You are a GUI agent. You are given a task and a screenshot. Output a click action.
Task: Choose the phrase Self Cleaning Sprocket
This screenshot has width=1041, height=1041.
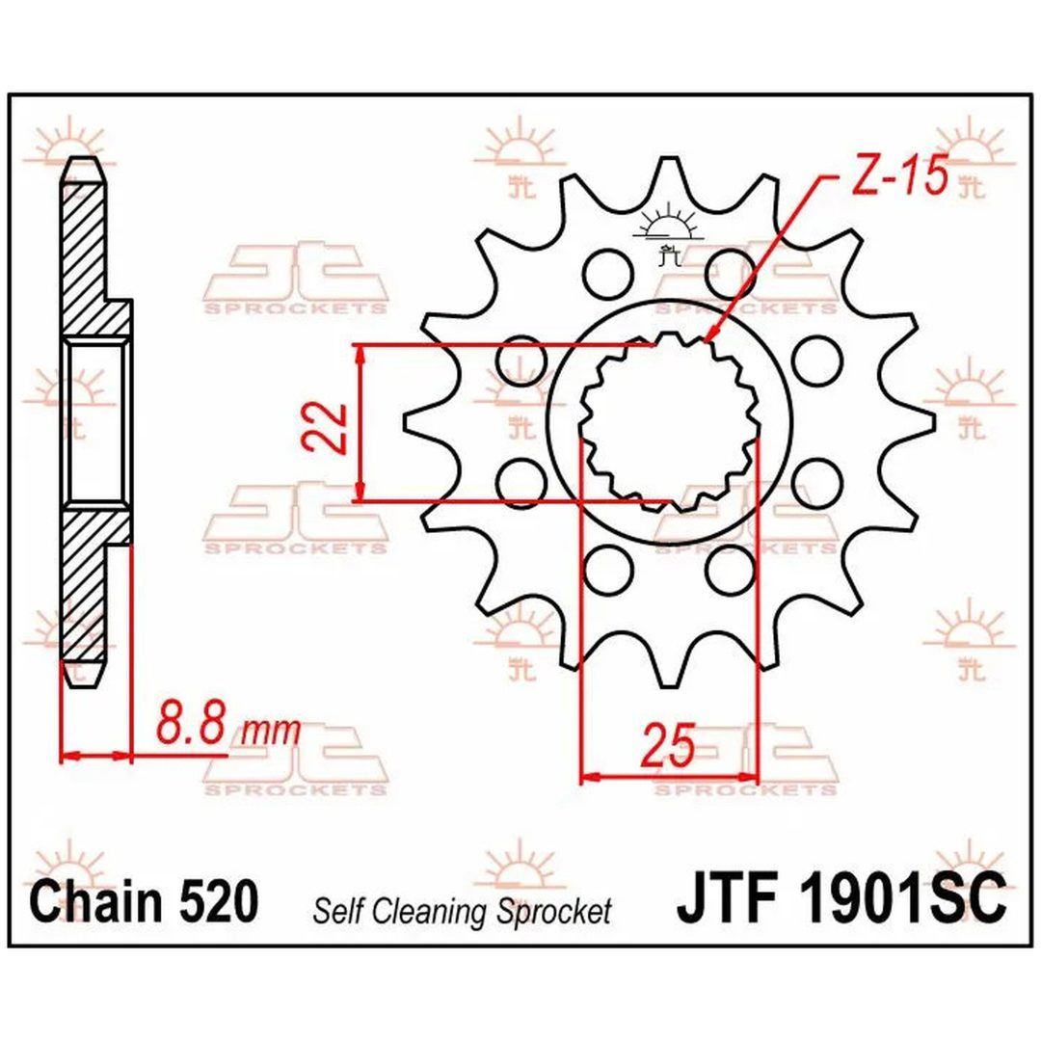(462, 911)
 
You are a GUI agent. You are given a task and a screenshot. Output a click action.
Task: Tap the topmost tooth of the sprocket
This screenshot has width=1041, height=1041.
(664, 176)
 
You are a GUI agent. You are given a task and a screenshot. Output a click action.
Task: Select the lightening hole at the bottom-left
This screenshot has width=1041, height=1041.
(607, 571)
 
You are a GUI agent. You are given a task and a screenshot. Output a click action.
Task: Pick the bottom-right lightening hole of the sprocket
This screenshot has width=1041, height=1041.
(731, 571)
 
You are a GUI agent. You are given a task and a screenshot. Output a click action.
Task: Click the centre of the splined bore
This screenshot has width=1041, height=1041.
(669, 422)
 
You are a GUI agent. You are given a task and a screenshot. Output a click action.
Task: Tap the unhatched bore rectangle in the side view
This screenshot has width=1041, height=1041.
(94, 421)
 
